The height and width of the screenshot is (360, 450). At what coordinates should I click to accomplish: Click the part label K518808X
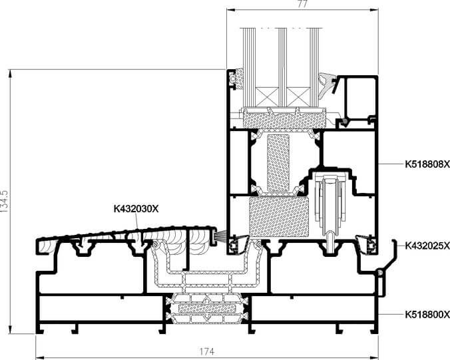click(x=427, y=164)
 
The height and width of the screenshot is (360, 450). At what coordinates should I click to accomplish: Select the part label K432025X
click(x=427, y=246)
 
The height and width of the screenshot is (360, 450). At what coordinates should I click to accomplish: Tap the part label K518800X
click(x=427, y=315)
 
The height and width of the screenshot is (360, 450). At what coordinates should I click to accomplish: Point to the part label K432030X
click(x=136, y=209)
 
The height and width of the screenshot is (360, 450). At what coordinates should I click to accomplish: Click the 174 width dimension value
click(x=207, y=351)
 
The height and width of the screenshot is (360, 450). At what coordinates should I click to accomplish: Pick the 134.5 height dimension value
click(x=4, y=201)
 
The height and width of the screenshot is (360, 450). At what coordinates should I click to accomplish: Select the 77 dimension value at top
click(x=302, y=3)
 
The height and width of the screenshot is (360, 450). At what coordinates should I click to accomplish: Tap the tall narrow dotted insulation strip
click(x=278, y=162)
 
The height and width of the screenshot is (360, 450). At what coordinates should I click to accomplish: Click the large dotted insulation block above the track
click(x=279, y=217)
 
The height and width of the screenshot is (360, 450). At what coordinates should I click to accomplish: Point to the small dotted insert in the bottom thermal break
click(x=207, y=308)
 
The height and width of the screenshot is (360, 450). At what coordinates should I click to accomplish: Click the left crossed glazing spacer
click(x=267, y=97)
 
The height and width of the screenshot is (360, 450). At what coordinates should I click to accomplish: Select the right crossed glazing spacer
click(x=298, y=97)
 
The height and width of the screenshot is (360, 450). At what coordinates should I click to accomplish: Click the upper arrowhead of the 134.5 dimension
click(x=11, y=74)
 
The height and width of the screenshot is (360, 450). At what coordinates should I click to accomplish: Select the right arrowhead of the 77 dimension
click(x=374, y=10)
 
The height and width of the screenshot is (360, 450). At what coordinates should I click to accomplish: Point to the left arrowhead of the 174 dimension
click(x=40, y=357)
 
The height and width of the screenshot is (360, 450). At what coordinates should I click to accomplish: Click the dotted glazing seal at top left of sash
click(x=238, y=78)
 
